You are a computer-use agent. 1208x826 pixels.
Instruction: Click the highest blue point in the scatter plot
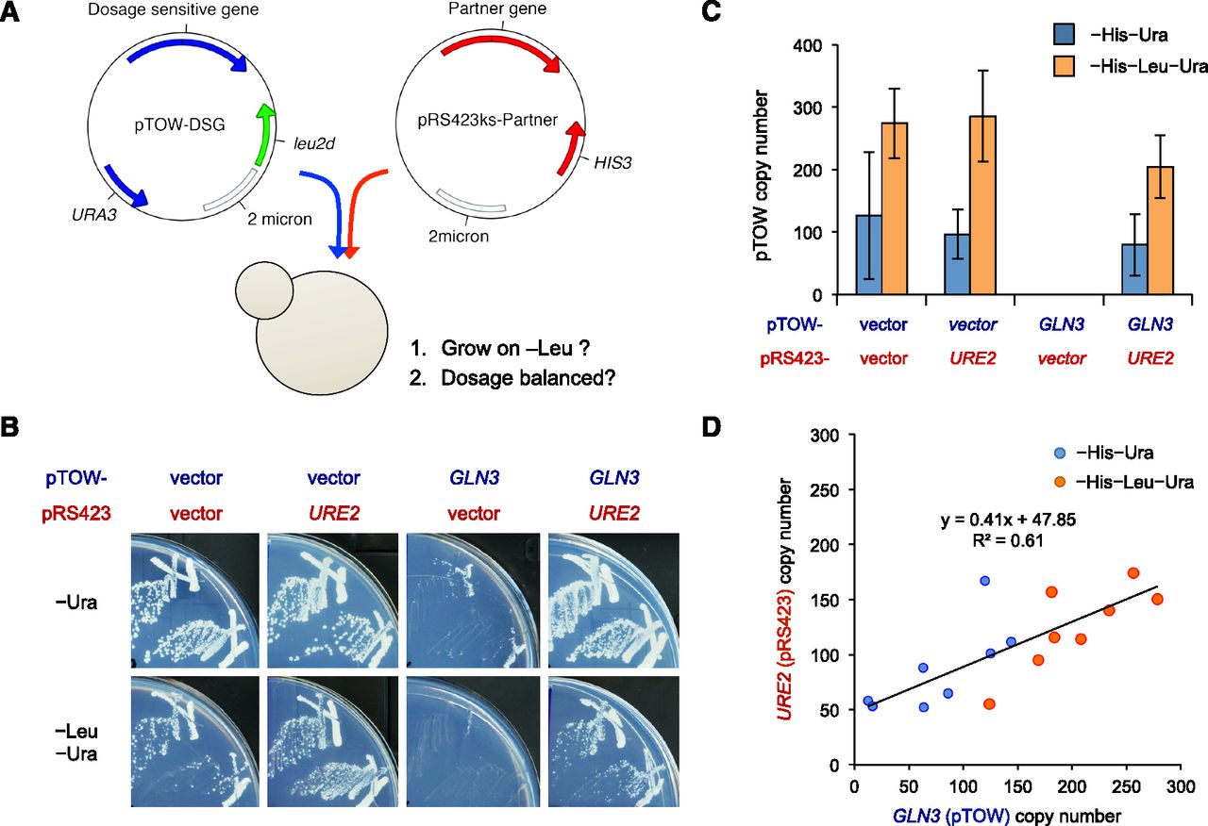(x=984, y=581)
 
